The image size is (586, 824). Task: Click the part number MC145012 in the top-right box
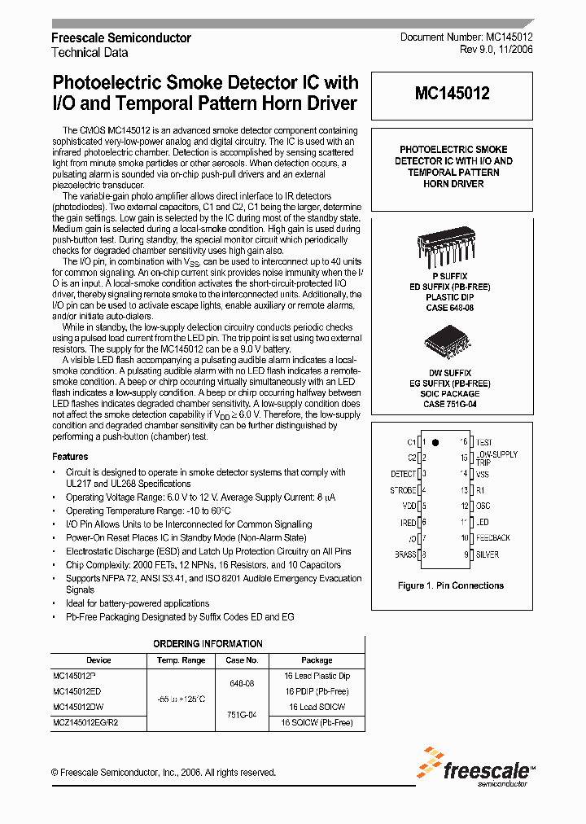452,94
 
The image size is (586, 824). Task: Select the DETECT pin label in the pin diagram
403,473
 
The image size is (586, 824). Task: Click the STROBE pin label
403,490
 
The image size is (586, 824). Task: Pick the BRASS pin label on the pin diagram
405,554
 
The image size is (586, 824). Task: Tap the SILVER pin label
488,554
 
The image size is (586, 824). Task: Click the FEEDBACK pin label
493,538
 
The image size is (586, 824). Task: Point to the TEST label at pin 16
484,441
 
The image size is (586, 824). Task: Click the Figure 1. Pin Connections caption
450,585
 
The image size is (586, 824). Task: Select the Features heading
70,457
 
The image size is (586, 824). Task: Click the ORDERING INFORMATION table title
208,644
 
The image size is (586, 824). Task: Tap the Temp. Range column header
181,660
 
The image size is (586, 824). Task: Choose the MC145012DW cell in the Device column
78,707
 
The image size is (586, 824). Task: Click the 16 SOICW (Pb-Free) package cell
317,722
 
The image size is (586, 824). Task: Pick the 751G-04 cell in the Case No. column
241,714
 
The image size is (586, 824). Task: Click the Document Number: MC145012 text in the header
466,38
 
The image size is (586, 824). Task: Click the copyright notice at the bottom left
163,773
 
